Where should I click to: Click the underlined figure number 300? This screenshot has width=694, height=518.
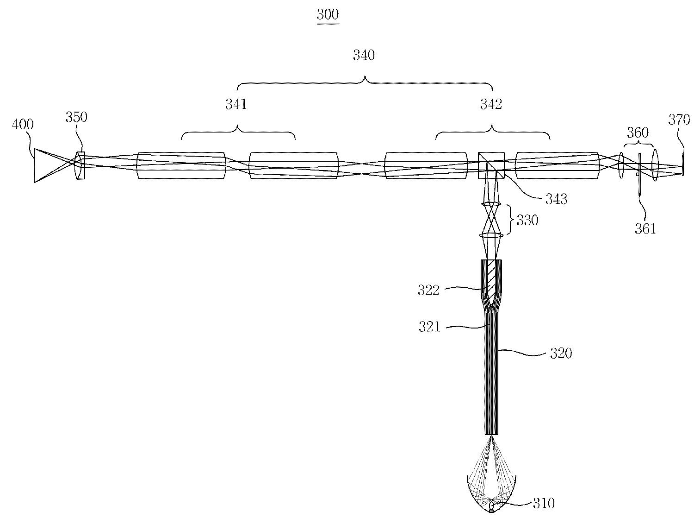pyautogui.click(x=328, y=15)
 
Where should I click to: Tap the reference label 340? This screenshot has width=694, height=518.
pyautogui.click(x=364, y=56)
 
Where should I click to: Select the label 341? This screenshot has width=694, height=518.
pyautogui.click(x=236, y=104)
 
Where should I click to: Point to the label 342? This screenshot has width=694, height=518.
pyautogui.click(x=491, y=104)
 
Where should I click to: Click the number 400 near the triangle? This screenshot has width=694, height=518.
pyautogui.click(x=23, y=125)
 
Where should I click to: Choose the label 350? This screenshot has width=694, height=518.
pyautogui.click(x=76, y=117)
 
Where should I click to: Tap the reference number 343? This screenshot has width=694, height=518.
pyautogui.click(x=556, y=199)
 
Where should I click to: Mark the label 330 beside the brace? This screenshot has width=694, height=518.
pyautogui.click(x=527, y=220)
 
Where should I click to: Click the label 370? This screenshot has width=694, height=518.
pyautogui.click(x=679, y=120)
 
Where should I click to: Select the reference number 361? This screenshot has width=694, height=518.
pyautogui.click(x=645, y=229)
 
